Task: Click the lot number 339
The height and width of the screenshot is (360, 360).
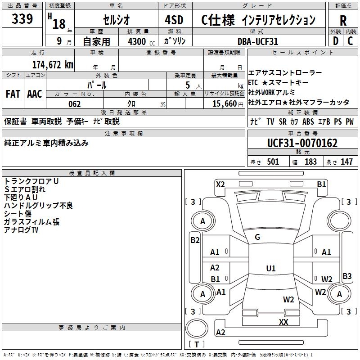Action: pyautogui.click(x=22, y=19)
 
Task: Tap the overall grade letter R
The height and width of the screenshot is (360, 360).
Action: pyautogui.click(x=343, y=20)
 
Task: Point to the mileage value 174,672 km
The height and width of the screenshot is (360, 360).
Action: pyautogui.click(x=53, y=64)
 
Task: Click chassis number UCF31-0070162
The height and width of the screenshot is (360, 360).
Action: pyautogui.click(x=302, y=143)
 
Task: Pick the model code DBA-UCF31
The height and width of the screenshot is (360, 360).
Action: pyautogui.click(x=257, y=41)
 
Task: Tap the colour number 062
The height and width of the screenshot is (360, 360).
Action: pyautogui.click(x=74, y=104)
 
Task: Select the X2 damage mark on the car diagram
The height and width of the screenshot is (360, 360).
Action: pyautogui.click(x=220, y=184)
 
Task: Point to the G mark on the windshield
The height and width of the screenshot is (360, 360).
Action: pyautogui.click(x=257, y=237)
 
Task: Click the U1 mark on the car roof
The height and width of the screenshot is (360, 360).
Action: pyautogui.click(x=270, y=269)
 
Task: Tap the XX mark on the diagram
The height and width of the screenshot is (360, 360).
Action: pyautogui.click(x=283, y=322)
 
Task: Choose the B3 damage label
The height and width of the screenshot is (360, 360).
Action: pyautogui.click(x=347, y=276)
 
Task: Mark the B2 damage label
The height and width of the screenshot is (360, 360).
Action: pyautogui.click(x=195, y=240)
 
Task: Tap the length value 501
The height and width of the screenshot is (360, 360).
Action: pyautogui.click(x=273, y=162)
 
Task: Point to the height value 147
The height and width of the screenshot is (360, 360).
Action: pyautogui.click(x=346, y=162)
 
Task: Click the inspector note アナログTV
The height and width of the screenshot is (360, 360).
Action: pyautogui.click(x=21, y=230)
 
